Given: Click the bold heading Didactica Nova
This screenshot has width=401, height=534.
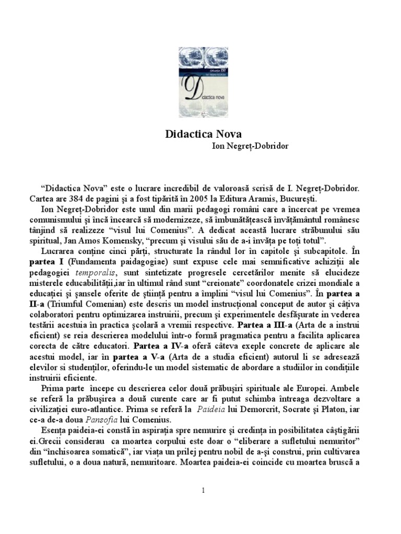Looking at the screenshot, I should click(200, 134).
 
